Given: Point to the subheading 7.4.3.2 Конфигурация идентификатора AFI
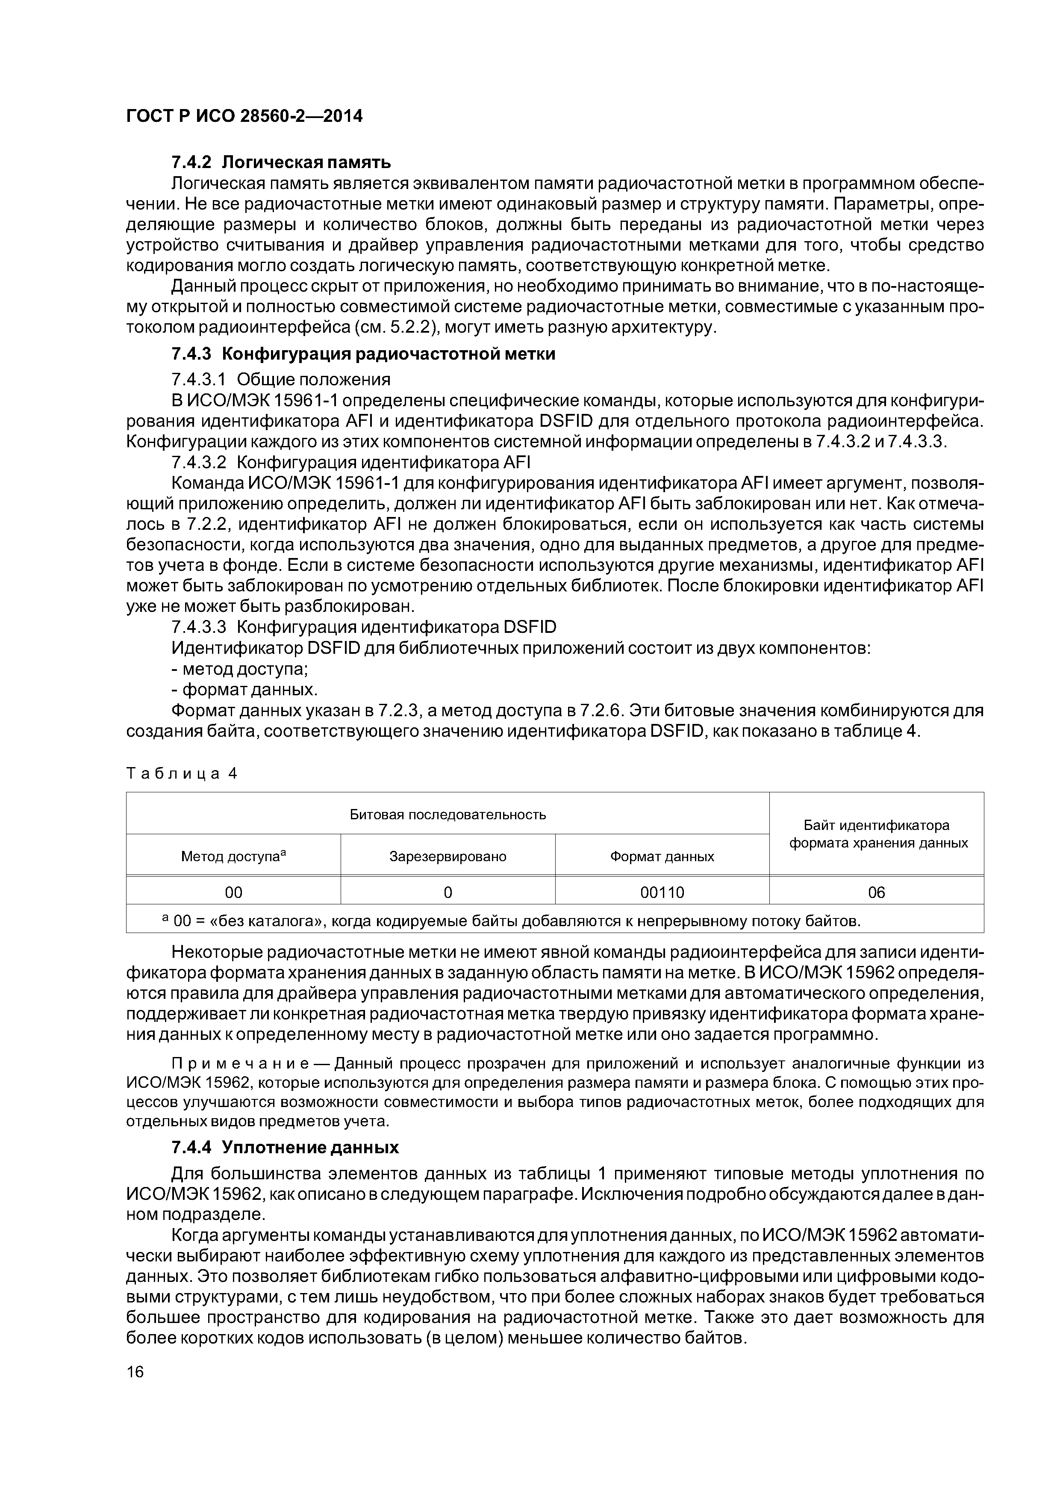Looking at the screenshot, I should (x=351, y=463).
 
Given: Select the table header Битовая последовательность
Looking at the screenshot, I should (x=448, y=815).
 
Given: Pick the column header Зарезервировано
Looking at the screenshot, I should (x=448, y=856).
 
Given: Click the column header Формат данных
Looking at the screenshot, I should (x=662, y=856).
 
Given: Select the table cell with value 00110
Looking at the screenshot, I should (x=662, y=892).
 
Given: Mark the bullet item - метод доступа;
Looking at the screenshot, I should (x=240, y=669).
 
